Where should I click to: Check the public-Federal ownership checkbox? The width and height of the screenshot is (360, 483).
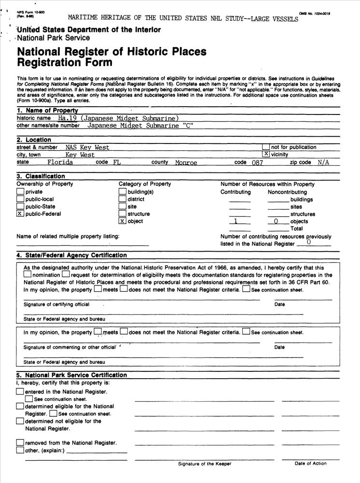(x=20, y=214)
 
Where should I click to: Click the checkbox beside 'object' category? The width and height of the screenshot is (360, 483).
(x=123, y=221)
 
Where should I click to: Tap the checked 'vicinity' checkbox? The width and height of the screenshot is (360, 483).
(x=266, y=154)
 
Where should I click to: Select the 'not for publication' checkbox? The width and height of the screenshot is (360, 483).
(x=266, y=147)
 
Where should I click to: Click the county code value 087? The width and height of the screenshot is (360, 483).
(x=258, y=163)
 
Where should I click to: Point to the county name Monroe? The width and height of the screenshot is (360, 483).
(x=186, y=163)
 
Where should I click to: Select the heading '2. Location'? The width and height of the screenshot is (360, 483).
(x=34, y=140)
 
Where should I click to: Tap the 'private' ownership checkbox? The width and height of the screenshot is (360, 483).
(x=20, y=192)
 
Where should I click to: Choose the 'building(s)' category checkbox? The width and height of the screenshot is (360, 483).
(x=123, y=192)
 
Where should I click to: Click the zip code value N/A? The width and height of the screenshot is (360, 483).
(x=323, y=162)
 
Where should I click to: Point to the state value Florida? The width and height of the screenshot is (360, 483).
(x=60, y=162)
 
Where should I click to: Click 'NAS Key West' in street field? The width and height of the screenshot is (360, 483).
(x=87, y=147)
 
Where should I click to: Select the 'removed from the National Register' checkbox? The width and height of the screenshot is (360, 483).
(x=20, y=442)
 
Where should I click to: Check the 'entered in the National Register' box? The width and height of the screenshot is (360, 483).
(x=20, y=392)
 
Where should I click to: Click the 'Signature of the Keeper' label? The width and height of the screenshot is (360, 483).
(x=205, y=464)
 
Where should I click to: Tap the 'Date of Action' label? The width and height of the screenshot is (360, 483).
(x=311, y=464)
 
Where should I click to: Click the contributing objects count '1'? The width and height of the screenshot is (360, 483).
(x=235, y=221)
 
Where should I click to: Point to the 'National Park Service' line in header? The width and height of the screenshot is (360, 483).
(x=54, y=38)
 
